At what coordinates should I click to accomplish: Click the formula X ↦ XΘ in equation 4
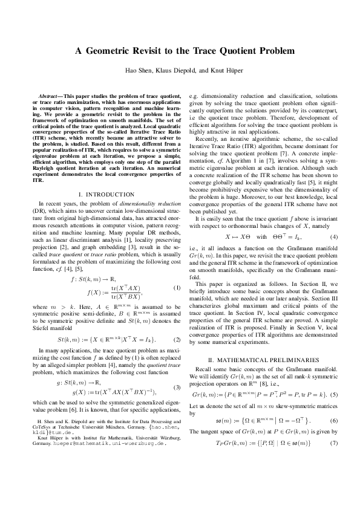[238, 236]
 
